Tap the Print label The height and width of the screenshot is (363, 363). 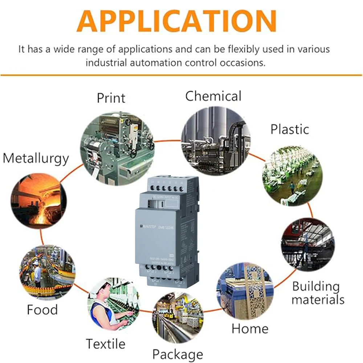111,98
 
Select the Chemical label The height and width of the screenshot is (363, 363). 213,96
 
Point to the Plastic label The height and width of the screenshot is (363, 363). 290,129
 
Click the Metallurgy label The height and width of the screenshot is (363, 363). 36,158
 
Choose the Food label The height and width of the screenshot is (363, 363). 42,310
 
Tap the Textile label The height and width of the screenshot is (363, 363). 105,343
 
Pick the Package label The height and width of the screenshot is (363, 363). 178,354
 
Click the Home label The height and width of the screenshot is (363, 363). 250,329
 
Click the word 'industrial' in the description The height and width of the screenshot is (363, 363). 108,62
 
